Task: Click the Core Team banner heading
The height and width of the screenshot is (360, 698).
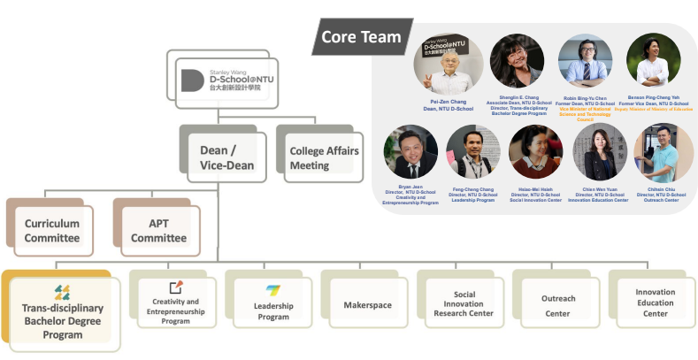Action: [360, 37]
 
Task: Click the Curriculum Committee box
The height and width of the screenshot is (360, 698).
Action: [51, 229]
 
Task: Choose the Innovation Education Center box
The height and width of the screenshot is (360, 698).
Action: [655, 303]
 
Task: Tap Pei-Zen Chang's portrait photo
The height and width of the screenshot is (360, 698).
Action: [448, 65]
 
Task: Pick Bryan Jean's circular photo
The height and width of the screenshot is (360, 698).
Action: [410, 152]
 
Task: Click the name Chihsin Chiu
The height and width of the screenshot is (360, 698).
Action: [662, 188]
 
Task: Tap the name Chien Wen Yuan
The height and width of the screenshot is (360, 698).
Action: [599, 188]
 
